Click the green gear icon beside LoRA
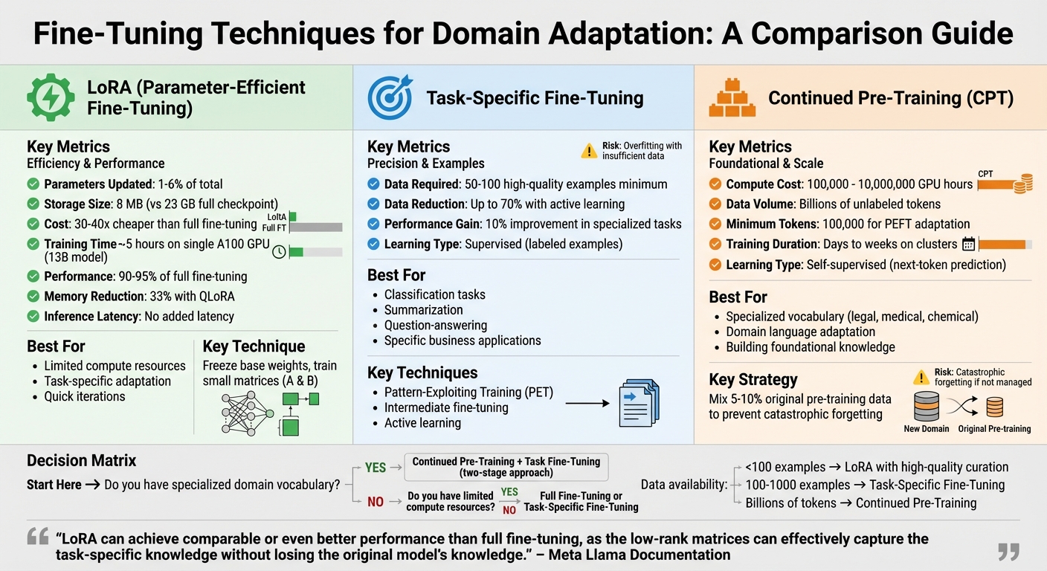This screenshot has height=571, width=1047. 51,97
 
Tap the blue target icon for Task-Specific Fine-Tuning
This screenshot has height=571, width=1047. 389,97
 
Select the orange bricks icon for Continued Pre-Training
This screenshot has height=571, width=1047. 731,97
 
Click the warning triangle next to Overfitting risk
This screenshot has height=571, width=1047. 589,151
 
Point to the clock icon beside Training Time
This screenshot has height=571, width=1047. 279,251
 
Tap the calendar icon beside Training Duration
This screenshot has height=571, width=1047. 968,244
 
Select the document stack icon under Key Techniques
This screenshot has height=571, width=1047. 639,404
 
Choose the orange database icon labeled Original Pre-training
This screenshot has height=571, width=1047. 994,407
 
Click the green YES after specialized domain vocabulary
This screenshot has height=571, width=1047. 375,468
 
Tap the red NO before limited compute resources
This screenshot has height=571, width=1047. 376,502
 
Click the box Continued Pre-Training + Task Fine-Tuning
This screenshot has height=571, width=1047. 506,467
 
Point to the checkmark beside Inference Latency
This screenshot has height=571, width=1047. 33,316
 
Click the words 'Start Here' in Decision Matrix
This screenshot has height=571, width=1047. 54,485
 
